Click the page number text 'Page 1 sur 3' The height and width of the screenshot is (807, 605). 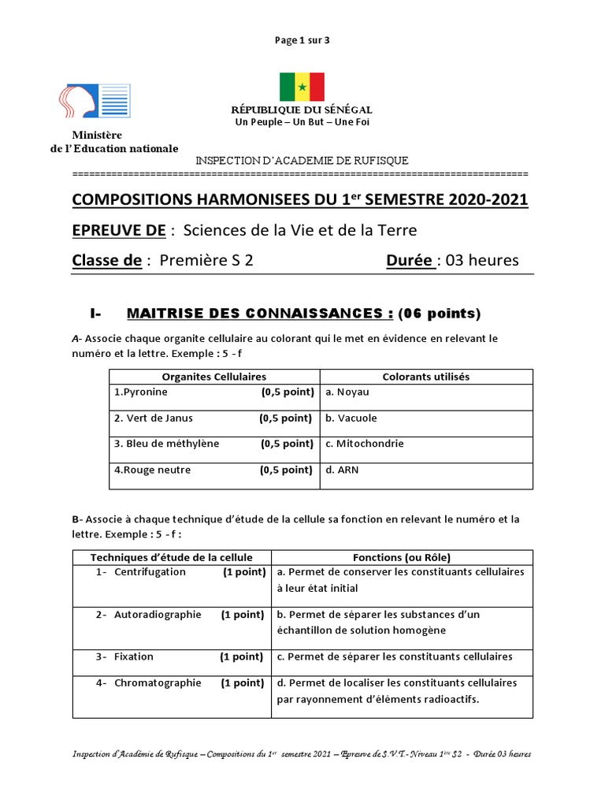click(x=302, y=40)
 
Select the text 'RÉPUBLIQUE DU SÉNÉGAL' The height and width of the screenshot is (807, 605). click(x=302, y=110)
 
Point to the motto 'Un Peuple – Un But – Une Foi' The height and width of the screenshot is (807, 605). click(x=302, y=122)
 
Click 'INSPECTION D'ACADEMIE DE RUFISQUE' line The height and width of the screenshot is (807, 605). click(x=302, y=161)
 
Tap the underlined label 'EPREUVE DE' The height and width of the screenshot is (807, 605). click(x=119, y=230)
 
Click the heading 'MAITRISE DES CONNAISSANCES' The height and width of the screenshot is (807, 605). click(x=260, y=314)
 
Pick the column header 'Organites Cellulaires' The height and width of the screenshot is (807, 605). click(x=214, y=377)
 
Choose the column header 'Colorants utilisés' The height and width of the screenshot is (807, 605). click(x=425, y=377)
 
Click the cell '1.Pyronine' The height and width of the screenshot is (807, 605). click(x=141, y=392)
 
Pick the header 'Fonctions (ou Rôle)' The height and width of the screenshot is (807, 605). click(x=402, y=557)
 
